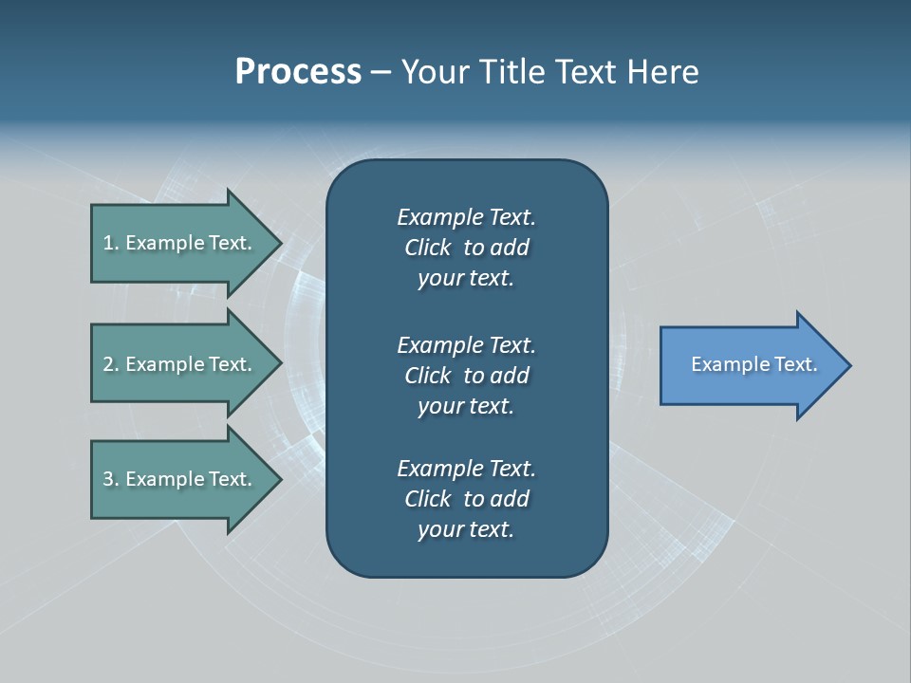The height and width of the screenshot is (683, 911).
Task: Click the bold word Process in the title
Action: point(298,72)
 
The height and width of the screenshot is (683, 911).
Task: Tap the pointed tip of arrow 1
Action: point(279,243)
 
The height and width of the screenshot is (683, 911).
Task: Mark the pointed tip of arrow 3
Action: point(279,479)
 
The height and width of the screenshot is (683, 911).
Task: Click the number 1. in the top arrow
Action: point(110,243)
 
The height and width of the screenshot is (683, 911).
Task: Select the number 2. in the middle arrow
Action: point(110,364)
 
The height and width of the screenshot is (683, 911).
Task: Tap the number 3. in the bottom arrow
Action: point(110,479)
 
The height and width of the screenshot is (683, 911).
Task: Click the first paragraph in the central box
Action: point(466,248)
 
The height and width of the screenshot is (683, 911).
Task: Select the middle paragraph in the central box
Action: point(466,375)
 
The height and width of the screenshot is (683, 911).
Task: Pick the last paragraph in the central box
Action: point(466,499)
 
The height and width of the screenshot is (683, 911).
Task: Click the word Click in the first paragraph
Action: point(427,248)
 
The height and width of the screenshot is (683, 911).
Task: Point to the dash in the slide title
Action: point(381,72)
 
